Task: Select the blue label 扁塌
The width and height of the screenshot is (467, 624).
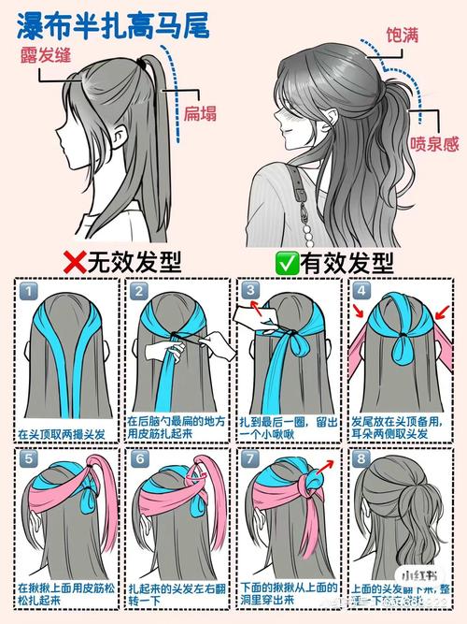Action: coord(200,113)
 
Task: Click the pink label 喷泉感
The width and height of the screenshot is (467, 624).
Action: coord(432,144)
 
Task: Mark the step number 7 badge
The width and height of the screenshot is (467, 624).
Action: coord(250,460)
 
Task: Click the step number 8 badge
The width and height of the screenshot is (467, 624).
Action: coord(361,460)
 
